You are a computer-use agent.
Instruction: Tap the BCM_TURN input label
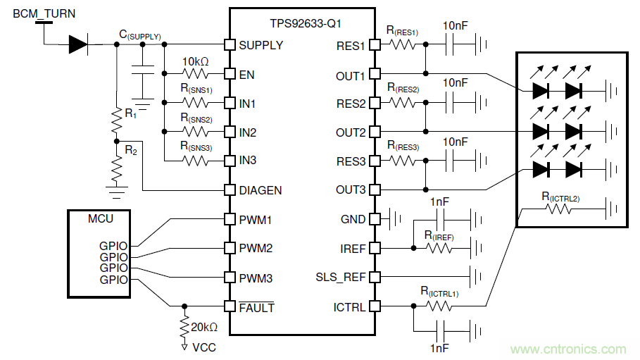point(44,13)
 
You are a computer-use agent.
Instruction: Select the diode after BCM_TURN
point(77,45)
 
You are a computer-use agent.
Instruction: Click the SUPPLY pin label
point(261,45)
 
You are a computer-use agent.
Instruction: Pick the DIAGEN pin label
point(261,190)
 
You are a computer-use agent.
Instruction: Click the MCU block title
point(100,219)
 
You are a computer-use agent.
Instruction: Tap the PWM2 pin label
point(256,248)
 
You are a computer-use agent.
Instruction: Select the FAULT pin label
point(257,307)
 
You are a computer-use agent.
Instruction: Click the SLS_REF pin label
point(341,277)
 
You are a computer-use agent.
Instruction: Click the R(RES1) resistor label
point(402,31)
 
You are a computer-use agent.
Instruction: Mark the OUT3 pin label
point(350,190)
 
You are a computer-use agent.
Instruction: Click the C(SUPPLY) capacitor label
point(140,35)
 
